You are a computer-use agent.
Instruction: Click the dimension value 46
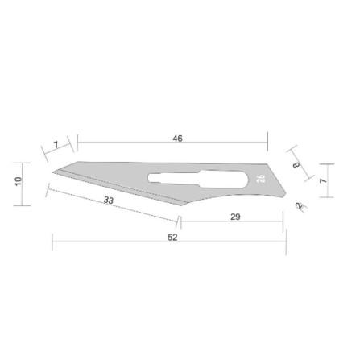point(177,139)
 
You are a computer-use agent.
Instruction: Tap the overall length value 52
point(172,238)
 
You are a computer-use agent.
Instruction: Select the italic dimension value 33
point(109,200)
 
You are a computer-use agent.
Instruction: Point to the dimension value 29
point(235,217)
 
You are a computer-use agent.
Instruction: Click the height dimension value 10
point(19,181)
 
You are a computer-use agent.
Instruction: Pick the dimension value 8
point(296,164)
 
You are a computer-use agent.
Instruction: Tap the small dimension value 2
point(299,206)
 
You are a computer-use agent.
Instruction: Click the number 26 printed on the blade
point(261,179)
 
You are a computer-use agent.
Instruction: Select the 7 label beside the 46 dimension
point(56,145)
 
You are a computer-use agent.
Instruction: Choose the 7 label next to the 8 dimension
point(323,180)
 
